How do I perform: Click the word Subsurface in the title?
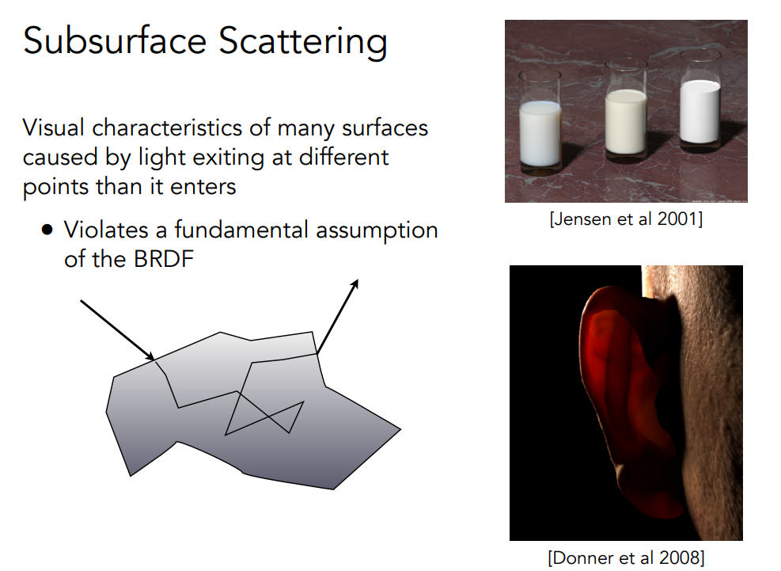click(115, 40)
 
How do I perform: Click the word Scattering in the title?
click(303, 43)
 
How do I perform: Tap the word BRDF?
click(162, 259)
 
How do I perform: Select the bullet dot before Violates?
click(47, 230)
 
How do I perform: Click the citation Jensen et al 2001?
click(626, 219)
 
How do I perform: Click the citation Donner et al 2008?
click(626, 558)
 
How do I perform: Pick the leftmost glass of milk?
click(540, 122)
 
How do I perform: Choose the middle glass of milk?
click(626, 108)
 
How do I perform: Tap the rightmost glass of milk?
click(700, 99)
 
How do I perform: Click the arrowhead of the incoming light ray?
click(150, 356)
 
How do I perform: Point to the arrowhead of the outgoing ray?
click(354, 284)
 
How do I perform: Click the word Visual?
click(53, 128)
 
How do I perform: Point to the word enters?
click(203, 187)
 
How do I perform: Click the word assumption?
click(377, 231)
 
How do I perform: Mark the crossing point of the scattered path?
click(268, 416)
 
